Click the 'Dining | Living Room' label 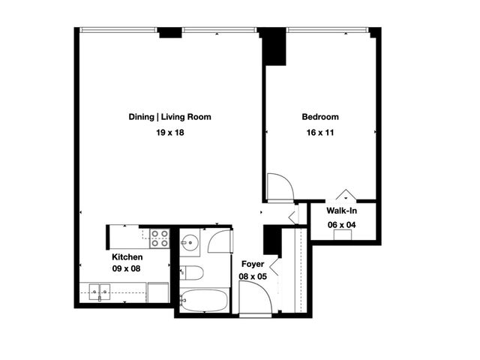pyautogui.click(x=169, y=117)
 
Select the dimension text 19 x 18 pyautogui.click(x=169, y=133)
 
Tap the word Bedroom pyautogui.click(x=320, y=117)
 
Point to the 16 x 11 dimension pyautogui.click(x=320, y=133)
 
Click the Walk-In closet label pyautogui.click(x=341, y=211)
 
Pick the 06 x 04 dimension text pyautogui.click(x=341, y=224)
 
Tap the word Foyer pyautogui.click(x=252, y=264)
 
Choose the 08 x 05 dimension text pyautogui.click(x=253, y=276)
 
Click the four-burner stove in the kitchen pyautogui.click(x=160, y=238)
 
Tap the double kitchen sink pyautogui.click(x=99, y=292)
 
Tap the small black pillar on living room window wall pyautogui.click(x=170, y=32)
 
